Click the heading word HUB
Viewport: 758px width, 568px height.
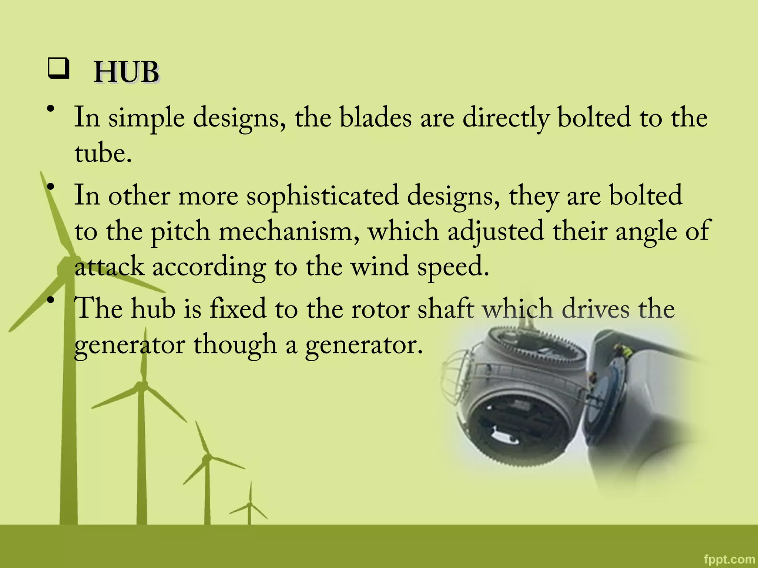pos(126,72)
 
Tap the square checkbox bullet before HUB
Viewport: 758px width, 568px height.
pos(58,68)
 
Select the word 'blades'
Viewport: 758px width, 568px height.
pos(376,118)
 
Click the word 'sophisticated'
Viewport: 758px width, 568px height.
pos(323,196)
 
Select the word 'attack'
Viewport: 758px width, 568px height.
pos(109,267)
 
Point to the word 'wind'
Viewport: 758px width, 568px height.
pos(380,267)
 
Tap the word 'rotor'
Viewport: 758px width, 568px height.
pos(380,309)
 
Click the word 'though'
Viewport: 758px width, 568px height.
pos(235,345)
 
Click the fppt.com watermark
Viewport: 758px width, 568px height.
pos(729,559)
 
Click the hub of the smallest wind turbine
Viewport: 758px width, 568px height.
pos(250,504)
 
